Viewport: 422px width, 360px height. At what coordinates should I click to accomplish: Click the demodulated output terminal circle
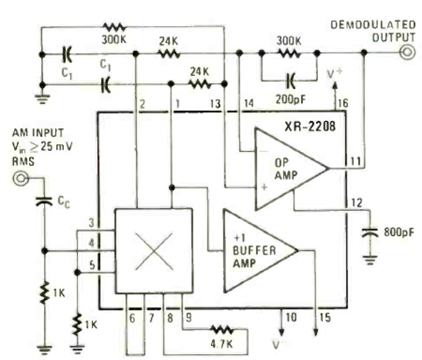click(x=408, y=53)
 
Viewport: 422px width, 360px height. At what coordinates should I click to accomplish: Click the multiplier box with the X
click(x=154, y=251)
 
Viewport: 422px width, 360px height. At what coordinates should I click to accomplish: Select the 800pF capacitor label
click(x=396, y=230)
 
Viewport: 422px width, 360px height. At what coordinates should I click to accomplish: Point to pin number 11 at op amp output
click(x=354, y=161)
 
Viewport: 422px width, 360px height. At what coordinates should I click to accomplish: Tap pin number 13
click(x=216, y=103)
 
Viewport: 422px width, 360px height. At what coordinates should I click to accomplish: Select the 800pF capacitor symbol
click(x=371, y=232)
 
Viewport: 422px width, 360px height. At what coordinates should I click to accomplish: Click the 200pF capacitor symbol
click(x=290, y=78)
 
